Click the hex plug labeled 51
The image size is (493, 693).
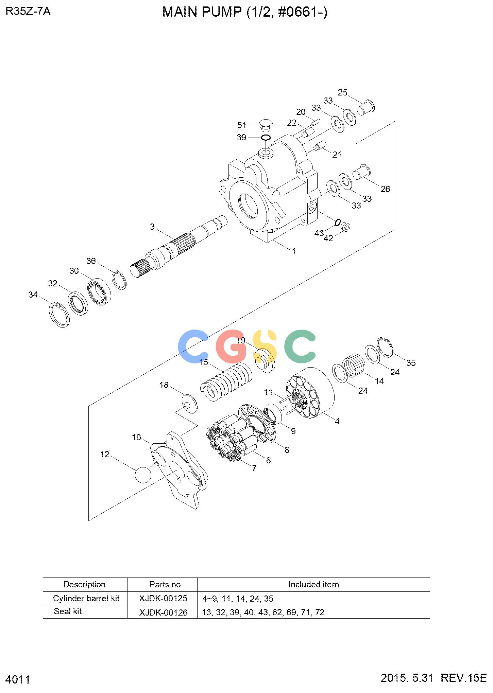pos(266,126)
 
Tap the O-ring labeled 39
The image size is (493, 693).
pos(266,138)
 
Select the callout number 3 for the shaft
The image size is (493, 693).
pos(152,227)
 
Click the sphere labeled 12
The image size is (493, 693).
pos(143,474)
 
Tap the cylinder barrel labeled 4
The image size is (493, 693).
pos(311,393)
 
